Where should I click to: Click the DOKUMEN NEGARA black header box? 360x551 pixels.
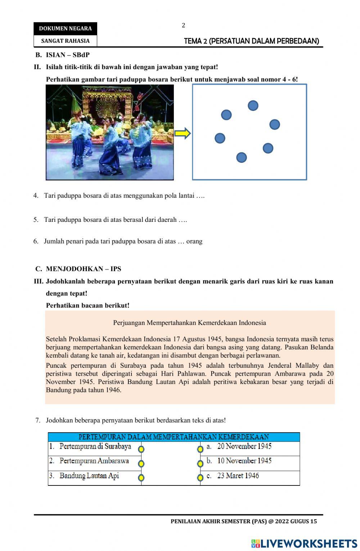(65, 28)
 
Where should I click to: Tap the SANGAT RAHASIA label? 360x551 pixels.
(65, 41)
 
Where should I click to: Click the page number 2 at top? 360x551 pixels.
(183, 25)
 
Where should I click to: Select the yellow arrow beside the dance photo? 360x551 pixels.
(182, 134)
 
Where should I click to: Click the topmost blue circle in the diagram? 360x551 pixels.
(253, 106)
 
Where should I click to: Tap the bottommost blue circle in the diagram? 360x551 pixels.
(242, 157)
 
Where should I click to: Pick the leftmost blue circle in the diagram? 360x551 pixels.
(220, 138)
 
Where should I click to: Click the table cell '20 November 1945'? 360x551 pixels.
(244, 447)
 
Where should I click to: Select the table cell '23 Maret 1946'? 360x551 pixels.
(238, 476)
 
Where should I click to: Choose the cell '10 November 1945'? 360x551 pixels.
(244, 461)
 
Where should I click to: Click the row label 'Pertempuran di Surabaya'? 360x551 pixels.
(95, 447)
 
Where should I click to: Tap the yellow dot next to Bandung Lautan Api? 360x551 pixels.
(141, 478)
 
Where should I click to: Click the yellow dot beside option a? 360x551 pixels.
(200, 449)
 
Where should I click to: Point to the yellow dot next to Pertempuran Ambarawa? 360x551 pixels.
(141, 463)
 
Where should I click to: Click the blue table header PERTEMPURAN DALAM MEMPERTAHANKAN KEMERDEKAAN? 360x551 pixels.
(174, 437)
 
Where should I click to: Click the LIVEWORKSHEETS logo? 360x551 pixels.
(304, 543)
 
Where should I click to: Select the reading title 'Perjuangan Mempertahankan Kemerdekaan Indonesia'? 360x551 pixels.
(189, 323)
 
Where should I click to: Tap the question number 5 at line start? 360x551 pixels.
(36, 220)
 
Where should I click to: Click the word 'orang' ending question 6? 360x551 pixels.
(194, 241)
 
